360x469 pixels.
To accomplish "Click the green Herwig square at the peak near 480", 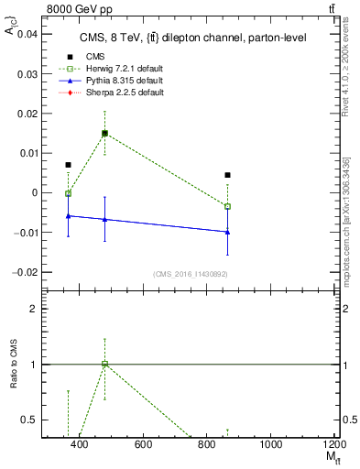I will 104,133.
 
